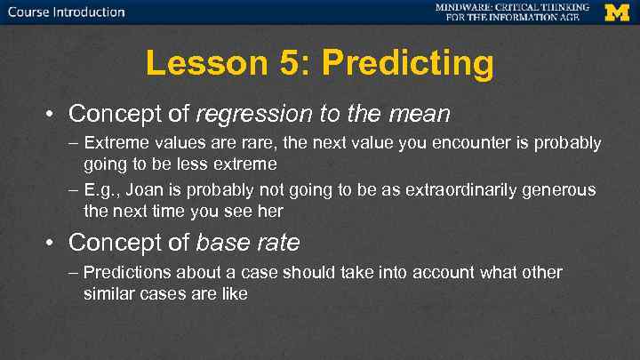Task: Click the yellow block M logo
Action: pos(616,12)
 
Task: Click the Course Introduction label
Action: pos(67,12)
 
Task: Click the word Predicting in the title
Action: pos(408,63)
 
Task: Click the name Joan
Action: pos(136,191)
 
